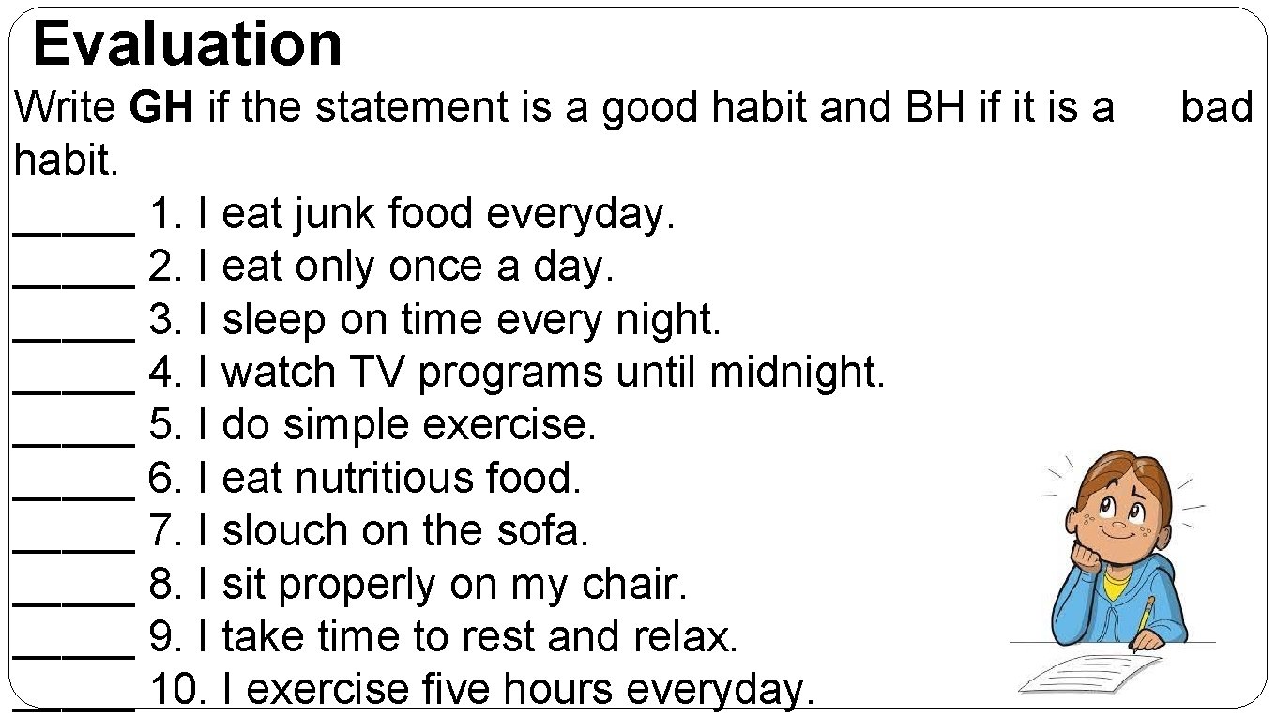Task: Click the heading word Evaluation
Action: click(188, 44)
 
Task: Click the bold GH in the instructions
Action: click(161, 109)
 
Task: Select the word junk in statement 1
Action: click(336, 215)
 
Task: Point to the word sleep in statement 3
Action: click(275, 321)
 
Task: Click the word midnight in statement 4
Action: click(796, 374)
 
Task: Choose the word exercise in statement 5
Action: click(508, 426)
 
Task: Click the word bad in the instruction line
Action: click(1216, 109)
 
